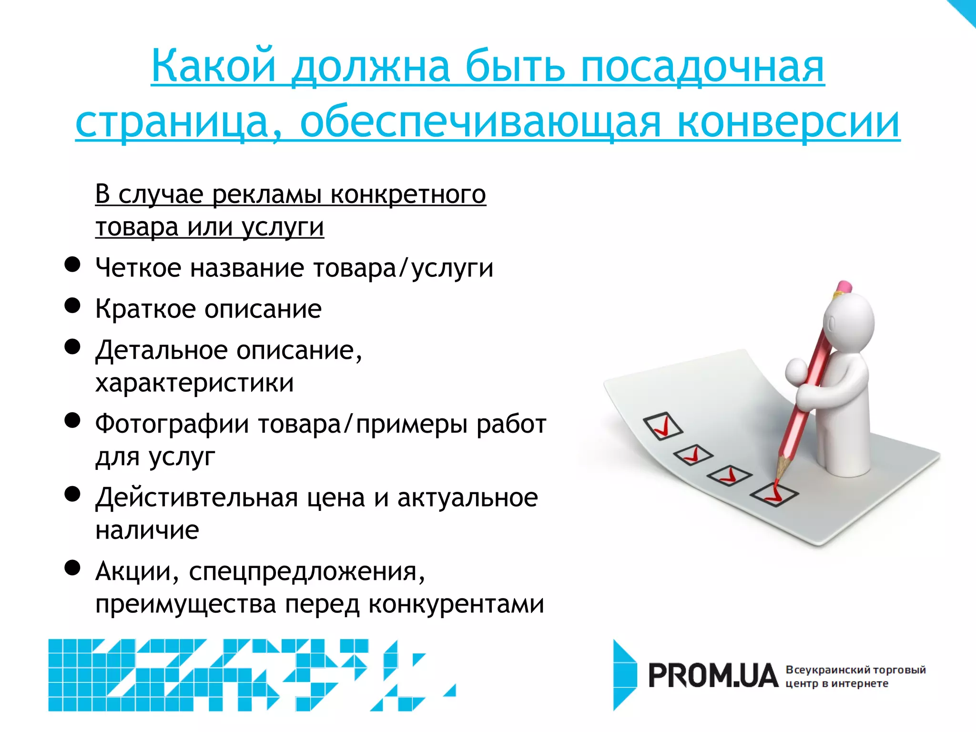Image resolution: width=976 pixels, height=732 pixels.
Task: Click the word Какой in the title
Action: coord(214,66)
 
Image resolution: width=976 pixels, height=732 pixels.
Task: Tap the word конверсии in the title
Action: coord(788,122)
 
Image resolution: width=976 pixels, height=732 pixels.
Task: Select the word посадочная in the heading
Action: coord(702,66)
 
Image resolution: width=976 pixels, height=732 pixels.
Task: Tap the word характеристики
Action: coord(194,383)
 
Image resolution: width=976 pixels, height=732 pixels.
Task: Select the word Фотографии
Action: coord(172,424)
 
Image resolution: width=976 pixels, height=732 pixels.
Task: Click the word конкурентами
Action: coord(456,604)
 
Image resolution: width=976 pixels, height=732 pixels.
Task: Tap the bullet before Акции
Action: coord(72,568)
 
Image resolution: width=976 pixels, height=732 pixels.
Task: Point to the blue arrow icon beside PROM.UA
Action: coord(624,675)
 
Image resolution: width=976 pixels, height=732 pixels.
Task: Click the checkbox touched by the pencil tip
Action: coord(774,494)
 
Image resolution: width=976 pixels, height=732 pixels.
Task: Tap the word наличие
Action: coord(147,530)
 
